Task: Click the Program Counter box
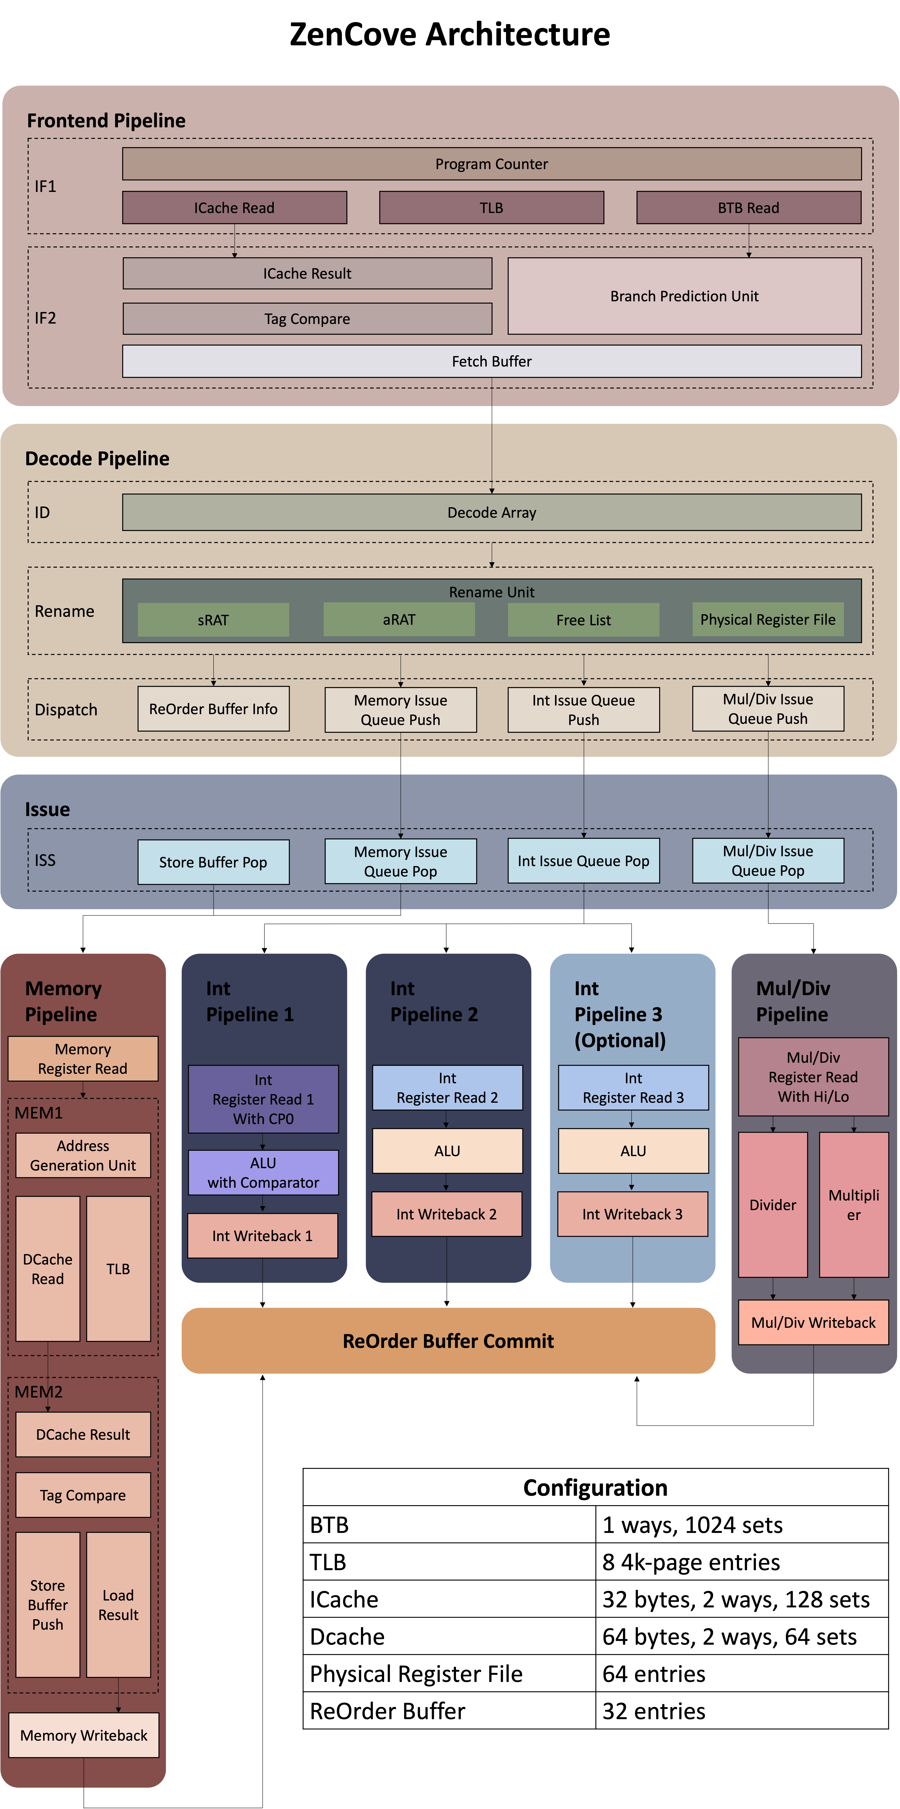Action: [x=491, y=164]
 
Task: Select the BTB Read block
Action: [x=748, y=208]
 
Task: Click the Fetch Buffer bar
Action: [x=491, y=361]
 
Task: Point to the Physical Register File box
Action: [x=768, y=619]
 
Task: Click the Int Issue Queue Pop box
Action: [x=583, y=861]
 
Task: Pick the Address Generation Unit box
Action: [x=83, y=1155]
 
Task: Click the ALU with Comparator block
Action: [x=263, y=1173]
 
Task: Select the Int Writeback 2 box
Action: [x=447, y=1214]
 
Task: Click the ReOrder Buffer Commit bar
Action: [x=448, y=1341]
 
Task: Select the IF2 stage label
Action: [x=46, y=318]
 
